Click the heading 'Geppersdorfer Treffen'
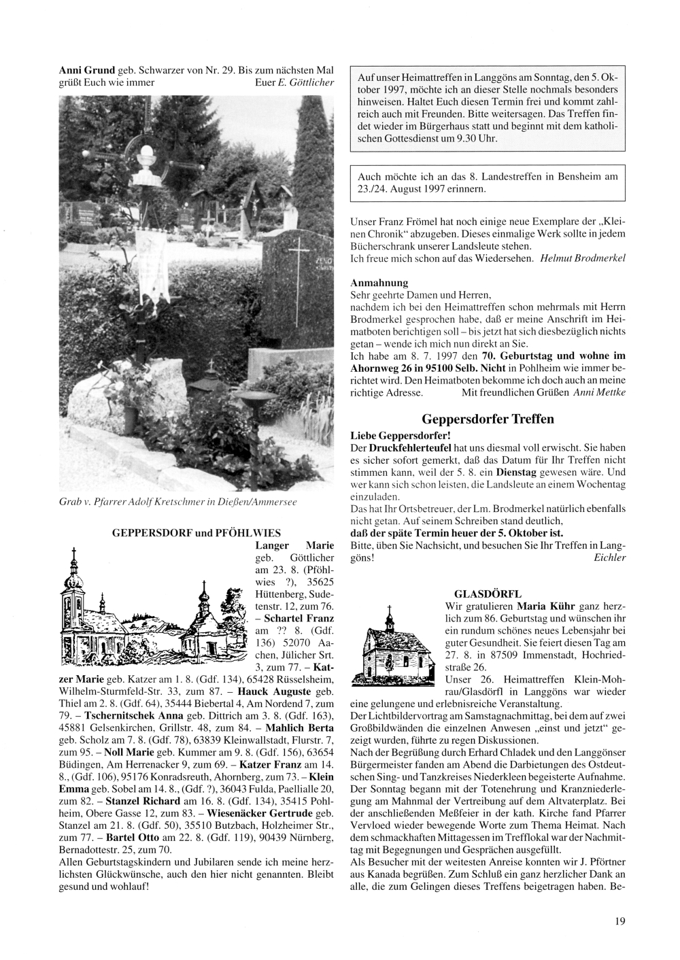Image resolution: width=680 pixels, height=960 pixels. pos(488,419)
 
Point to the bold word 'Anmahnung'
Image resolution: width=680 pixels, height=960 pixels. pos(379,282)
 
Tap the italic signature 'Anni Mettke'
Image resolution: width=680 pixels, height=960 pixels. pos(599,392)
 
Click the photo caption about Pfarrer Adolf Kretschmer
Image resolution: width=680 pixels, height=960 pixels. pos(178,501)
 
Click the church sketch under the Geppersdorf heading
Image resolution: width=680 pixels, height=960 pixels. pos(150,611)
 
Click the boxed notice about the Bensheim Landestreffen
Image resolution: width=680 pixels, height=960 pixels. pos(487,182)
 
